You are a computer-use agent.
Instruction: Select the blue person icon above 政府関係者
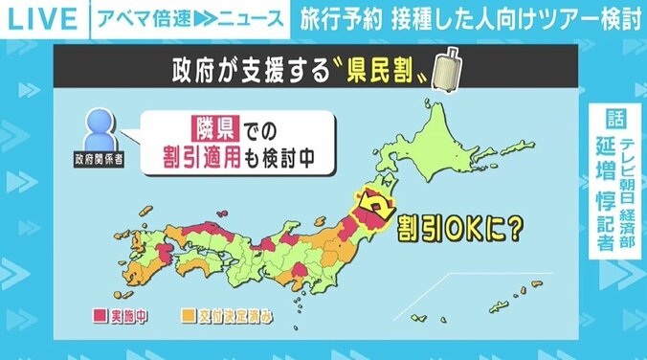pyautogui.click(x=99, y=126)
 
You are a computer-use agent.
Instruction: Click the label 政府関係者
pyautogui.click(x=100, y=158)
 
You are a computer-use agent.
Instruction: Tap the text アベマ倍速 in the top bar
pyautogui.click(x=153, y=17)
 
